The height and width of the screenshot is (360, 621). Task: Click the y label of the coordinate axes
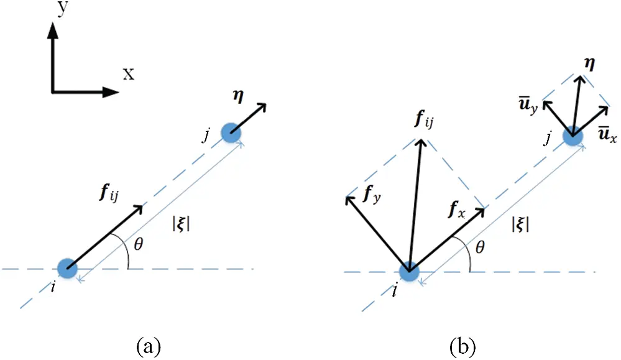(x=61, y=9)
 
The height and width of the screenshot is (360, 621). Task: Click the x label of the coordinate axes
(x=128, y=75)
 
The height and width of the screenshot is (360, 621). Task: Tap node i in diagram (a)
(x=67, y=269)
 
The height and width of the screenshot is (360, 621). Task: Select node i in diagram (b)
(x=408, y=271)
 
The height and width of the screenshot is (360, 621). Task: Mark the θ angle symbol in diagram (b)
(x=479, y=248)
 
